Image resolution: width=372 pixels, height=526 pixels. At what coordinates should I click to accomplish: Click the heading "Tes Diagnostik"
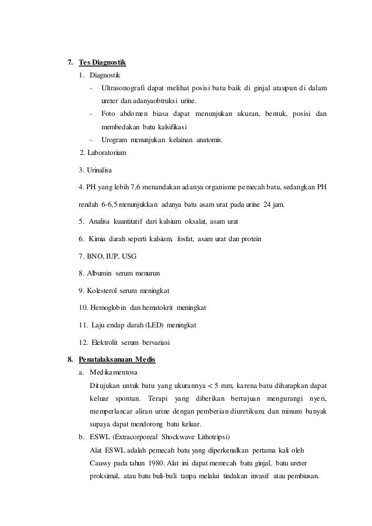pyautogui.click(x=103, y=62)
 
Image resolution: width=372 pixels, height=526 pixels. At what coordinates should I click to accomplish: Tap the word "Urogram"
pyautogui.click(x=114, y=139)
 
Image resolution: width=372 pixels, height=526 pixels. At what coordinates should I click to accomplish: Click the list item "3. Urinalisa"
pyautogui.click(x=97, y=171)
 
